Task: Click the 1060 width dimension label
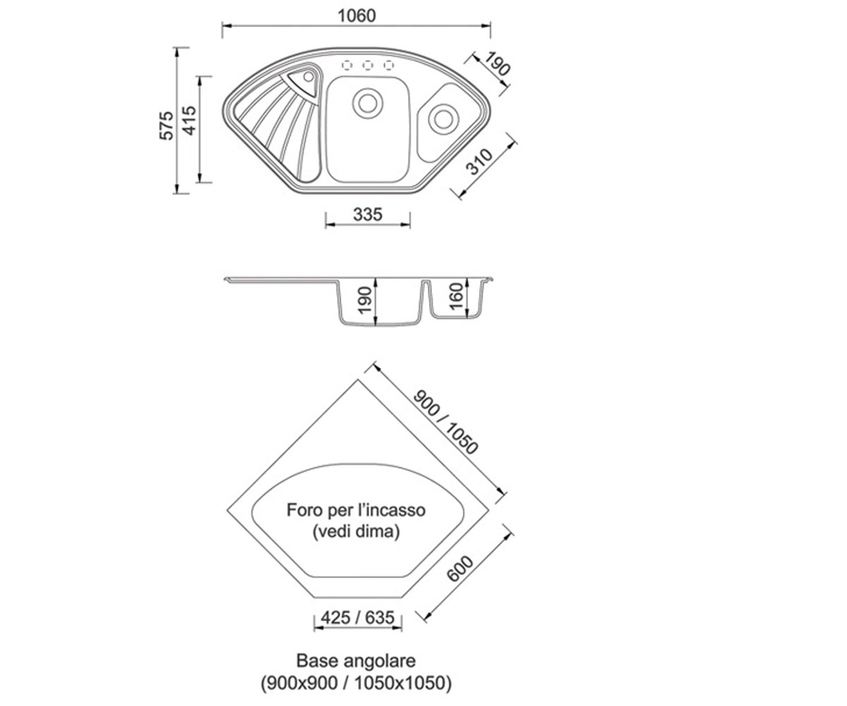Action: point(356,16)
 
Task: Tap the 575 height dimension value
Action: point(167,126)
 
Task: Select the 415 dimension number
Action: point(189,121)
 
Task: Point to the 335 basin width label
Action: point(368,214)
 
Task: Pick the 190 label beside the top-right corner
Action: point(497,64)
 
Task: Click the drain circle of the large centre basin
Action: point(368,103)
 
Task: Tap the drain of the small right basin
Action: point(443,119)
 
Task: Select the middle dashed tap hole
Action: point(368,65)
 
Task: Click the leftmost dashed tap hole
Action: point(347,65)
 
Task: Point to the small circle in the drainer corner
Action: point(308,77)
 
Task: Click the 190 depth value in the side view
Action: point(366,300)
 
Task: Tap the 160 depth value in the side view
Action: point(457,297)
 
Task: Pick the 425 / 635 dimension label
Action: point(357,618)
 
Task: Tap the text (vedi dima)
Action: point(356,531)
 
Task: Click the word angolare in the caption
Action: point(380,661)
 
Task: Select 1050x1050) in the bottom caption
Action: point(403,683)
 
